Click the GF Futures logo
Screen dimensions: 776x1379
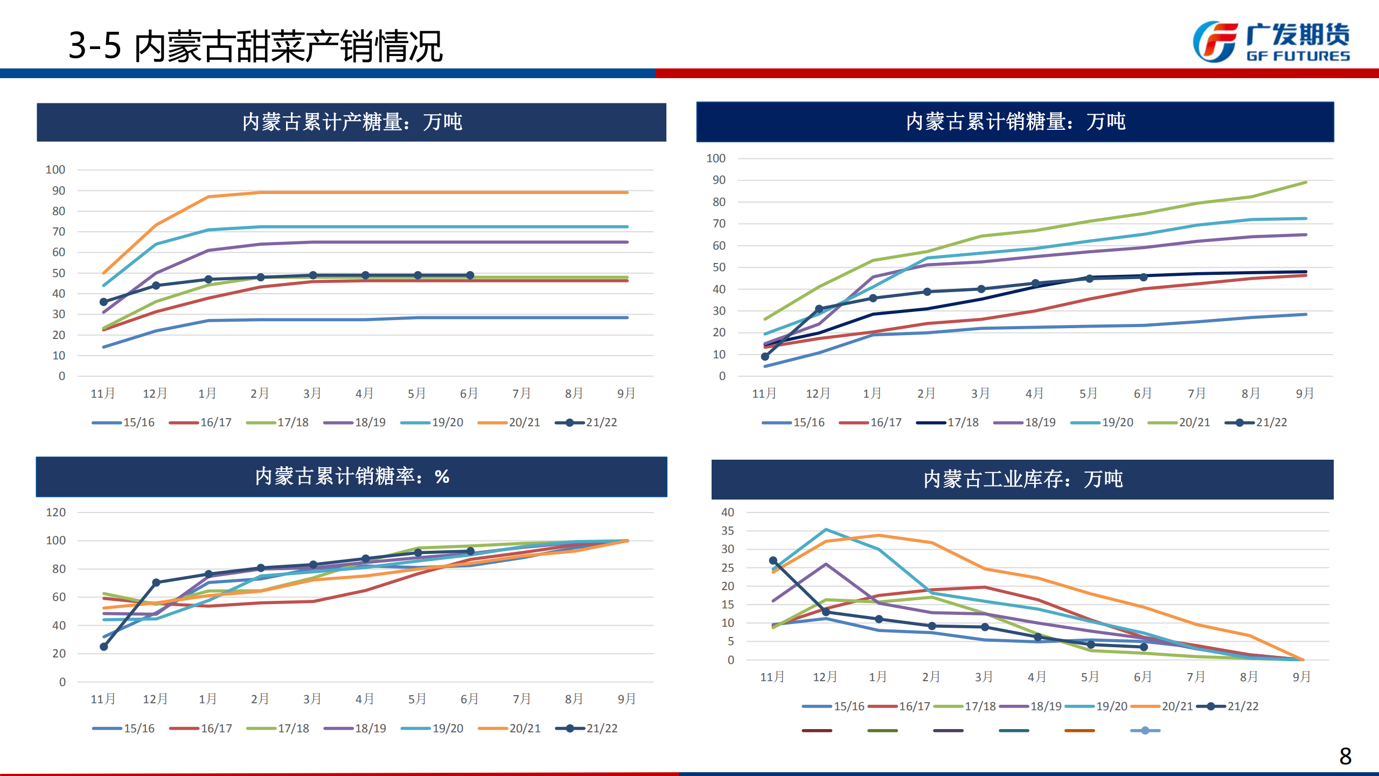pos(1271,42)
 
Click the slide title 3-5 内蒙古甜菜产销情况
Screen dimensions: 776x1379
pos(255,46)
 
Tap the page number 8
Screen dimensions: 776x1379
pos(1345,756)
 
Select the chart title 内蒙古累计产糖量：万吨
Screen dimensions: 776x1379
pos(352,122)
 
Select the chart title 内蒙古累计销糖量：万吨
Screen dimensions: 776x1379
pos(1015,122)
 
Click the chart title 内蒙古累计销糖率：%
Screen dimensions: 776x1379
pos(352,476)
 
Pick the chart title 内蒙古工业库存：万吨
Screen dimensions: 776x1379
pos(1022,479)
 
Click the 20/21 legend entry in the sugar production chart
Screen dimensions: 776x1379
pos(509,422)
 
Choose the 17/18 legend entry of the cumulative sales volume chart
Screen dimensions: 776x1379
pos(948,422)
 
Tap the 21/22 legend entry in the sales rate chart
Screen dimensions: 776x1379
pos(587,729)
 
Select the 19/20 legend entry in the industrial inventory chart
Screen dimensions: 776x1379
pos(1097,706)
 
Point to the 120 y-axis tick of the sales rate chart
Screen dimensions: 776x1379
pos(56,512)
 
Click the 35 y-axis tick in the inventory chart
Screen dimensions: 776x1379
pos(727,531)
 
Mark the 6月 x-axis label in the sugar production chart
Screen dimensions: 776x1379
pos(469,393)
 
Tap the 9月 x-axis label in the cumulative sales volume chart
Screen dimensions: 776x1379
pos(1305,393)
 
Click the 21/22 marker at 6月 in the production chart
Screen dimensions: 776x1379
pos(470,275)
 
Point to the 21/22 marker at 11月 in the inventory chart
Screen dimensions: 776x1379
pos(773,561)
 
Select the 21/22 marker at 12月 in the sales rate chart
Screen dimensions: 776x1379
pos(156,583)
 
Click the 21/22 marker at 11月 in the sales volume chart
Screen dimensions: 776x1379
pos(765,357)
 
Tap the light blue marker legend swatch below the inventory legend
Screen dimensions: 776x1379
pos(1145,731)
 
